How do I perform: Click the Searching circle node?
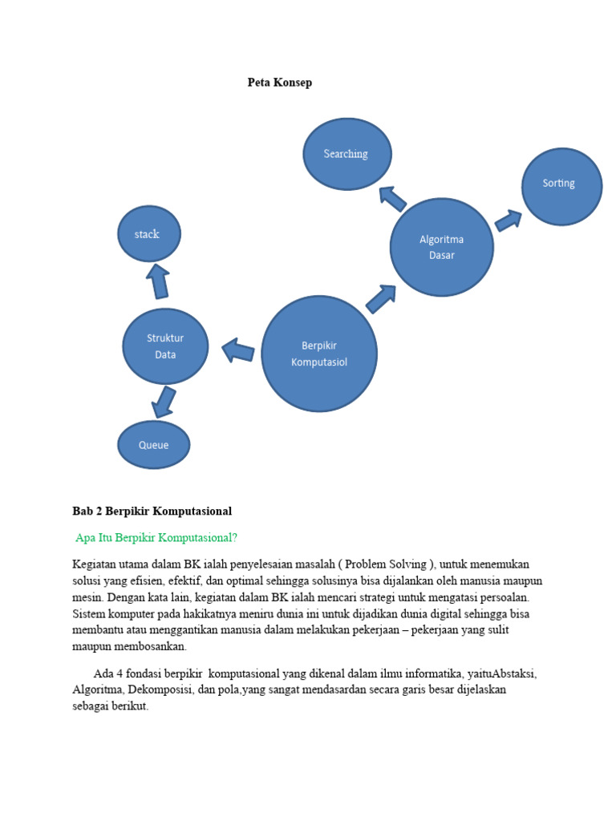(x=346, y=154)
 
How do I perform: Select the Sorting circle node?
(x=561, y=184)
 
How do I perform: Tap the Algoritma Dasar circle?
(x=441, y=247)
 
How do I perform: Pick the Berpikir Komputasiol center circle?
(x=319, y=354)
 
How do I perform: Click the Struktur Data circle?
(x=165, y=346)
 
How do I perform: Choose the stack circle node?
(x=148, y=234)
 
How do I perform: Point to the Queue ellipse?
(x=154, y=445)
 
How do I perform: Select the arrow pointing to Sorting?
(x=509, y=219)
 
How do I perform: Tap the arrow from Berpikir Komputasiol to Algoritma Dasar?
(x=381, y=298)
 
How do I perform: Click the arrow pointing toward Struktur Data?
(x=238, y=350)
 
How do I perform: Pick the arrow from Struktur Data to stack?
(x=158, y=281)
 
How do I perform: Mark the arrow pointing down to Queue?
(x=164, y=402)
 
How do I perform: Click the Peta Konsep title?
(x=279, y=83)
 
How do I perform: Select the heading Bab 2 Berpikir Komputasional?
(x=152, y=511)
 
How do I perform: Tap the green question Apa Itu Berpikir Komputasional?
(x=156, y=537)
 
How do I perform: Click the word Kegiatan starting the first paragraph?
(x=93, y=564)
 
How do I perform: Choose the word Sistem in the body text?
(x=88, y=613)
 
